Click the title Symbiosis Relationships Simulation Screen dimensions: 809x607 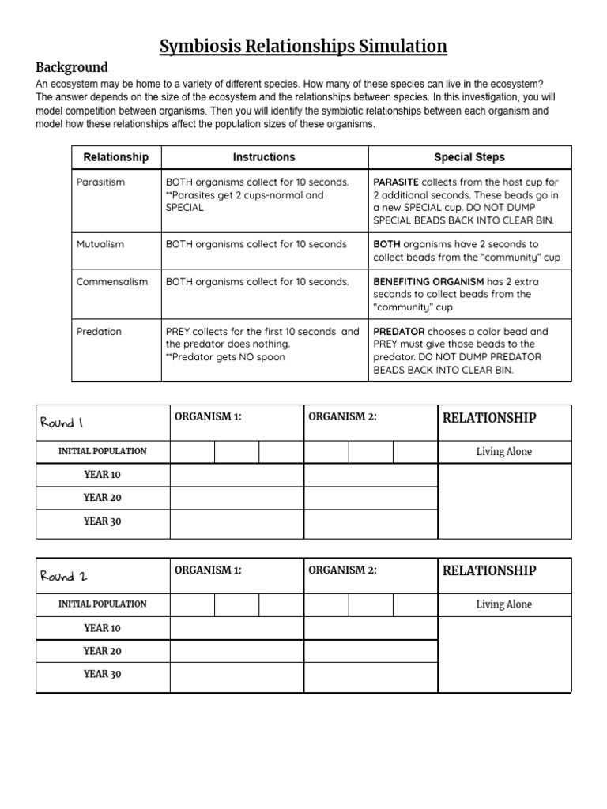303,47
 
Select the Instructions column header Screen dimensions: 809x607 264,157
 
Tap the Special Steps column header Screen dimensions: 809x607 469,157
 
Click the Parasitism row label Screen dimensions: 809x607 100,182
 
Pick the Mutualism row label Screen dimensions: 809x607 100,244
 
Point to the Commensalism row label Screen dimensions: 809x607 111,282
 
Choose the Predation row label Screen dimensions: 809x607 99,332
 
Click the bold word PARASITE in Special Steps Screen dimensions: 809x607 396,182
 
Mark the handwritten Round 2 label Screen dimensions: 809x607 63,576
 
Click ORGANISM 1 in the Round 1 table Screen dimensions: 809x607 208,417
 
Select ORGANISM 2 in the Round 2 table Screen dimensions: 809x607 342,570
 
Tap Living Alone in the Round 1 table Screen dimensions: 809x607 503,452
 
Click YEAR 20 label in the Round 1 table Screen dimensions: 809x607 102,498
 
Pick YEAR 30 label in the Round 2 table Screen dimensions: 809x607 102,674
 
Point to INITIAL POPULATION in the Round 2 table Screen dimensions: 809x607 102,604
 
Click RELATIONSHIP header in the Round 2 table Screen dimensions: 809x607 488,570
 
